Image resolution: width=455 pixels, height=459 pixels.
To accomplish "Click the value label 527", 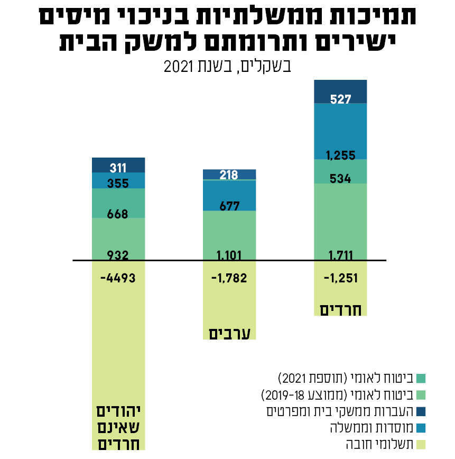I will pos(340,99).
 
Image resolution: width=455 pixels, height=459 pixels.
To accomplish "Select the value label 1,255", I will pos(340,155).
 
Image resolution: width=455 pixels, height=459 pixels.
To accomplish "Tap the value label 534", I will pos(340,179).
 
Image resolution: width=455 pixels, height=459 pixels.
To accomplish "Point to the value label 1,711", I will pos(340,256).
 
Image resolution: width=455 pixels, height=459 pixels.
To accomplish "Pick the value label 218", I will pos(229,175).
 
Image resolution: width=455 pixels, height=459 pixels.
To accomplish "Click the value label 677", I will pos(229,206).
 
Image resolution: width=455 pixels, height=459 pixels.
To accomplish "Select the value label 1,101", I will pos(229,256).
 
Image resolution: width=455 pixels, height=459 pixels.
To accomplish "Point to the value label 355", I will pos(118,183).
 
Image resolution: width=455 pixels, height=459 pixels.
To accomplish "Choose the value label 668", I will pos(118,214).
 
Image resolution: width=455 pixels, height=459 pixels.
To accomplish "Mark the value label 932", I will pos(118,256).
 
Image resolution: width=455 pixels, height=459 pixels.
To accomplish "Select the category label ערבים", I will pos(229,333).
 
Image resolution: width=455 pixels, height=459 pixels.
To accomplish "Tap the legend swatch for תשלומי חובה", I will pos(421,443).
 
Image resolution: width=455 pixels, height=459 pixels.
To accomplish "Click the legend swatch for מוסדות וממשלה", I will pos(421,427).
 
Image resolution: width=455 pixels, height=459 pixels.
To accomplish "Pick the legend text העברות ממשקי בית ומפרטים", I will pos(339,410).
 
